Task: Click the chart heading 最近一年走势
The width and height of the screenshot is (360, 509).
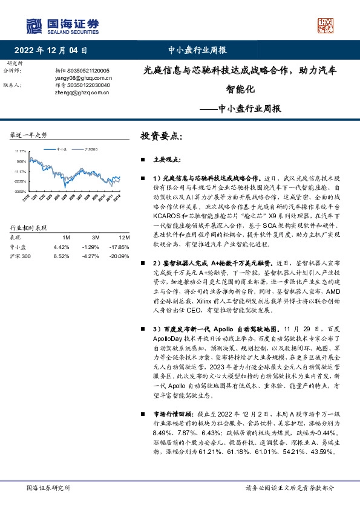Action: tap(29, 134)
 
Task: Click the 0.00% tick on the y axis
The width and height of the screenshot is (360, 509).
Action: tap(21, 161)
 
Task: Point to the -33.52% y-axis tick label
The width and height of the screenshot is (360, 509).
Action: tap(20, 191)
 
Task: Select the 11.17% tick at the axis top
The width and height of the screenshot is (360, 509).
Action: tap(21, 152)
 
